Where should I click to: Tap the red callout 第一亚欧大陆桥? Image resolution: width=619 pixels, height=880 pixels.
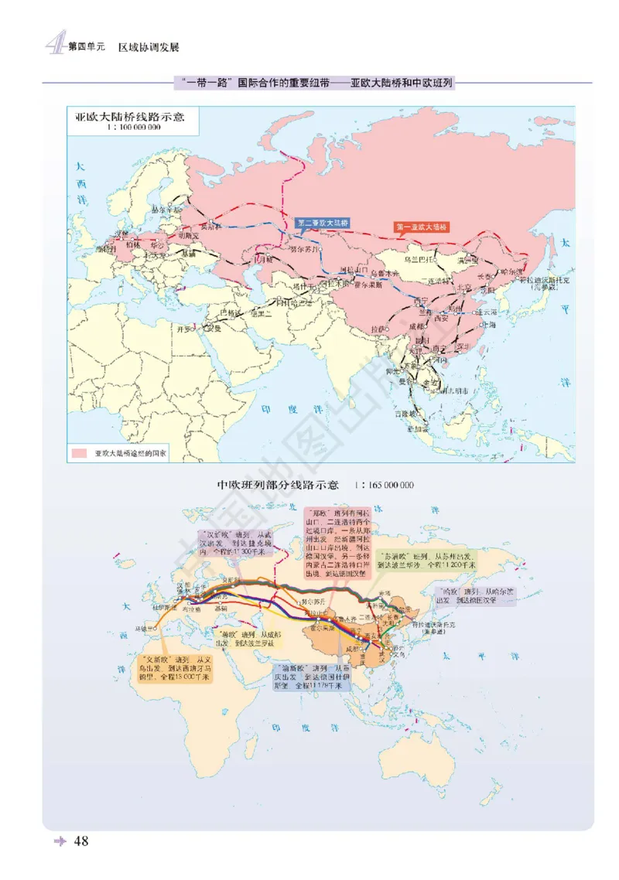(421, 227)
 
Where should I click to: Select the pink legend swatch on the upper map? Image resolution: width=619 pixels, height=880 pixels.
(78, 452)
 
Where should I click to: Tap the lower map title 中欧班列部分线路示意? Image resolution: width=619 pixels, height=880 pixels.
(278, 486)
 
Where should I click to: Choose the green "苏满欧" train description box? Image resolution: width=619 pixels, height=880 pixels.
(426, 561)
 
